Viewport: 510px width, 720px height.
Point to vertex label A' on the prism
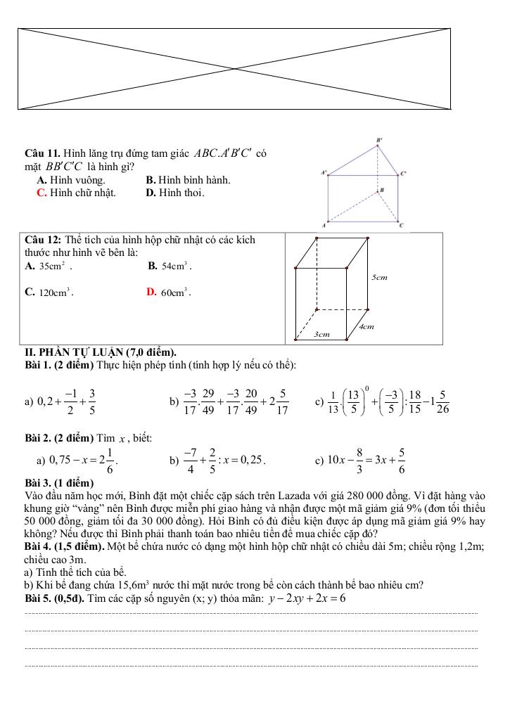tap(324, 171)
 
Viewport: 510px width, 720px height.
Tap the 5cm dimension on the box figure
tap(379, 278)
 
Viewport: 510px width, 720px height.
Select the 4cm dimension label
tap(366, 326)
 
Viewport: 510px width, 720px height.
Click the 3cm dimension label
tap(321, 335)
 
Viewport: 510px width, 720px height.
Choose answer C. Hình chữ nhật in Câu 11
tap(77, 192)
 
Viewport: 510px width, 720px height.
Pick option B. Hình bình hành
tap(188, 180)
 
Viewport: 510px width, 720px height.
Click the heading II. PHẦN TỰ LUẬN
tap(100, 352)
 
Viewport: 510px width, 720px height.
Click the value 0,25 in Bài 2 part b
tap(251, 461)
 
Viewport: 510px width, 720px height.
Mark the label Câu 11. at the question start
tap(42, 152)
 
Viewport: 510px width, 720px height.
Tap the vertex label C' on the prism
tap(403, 172)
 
